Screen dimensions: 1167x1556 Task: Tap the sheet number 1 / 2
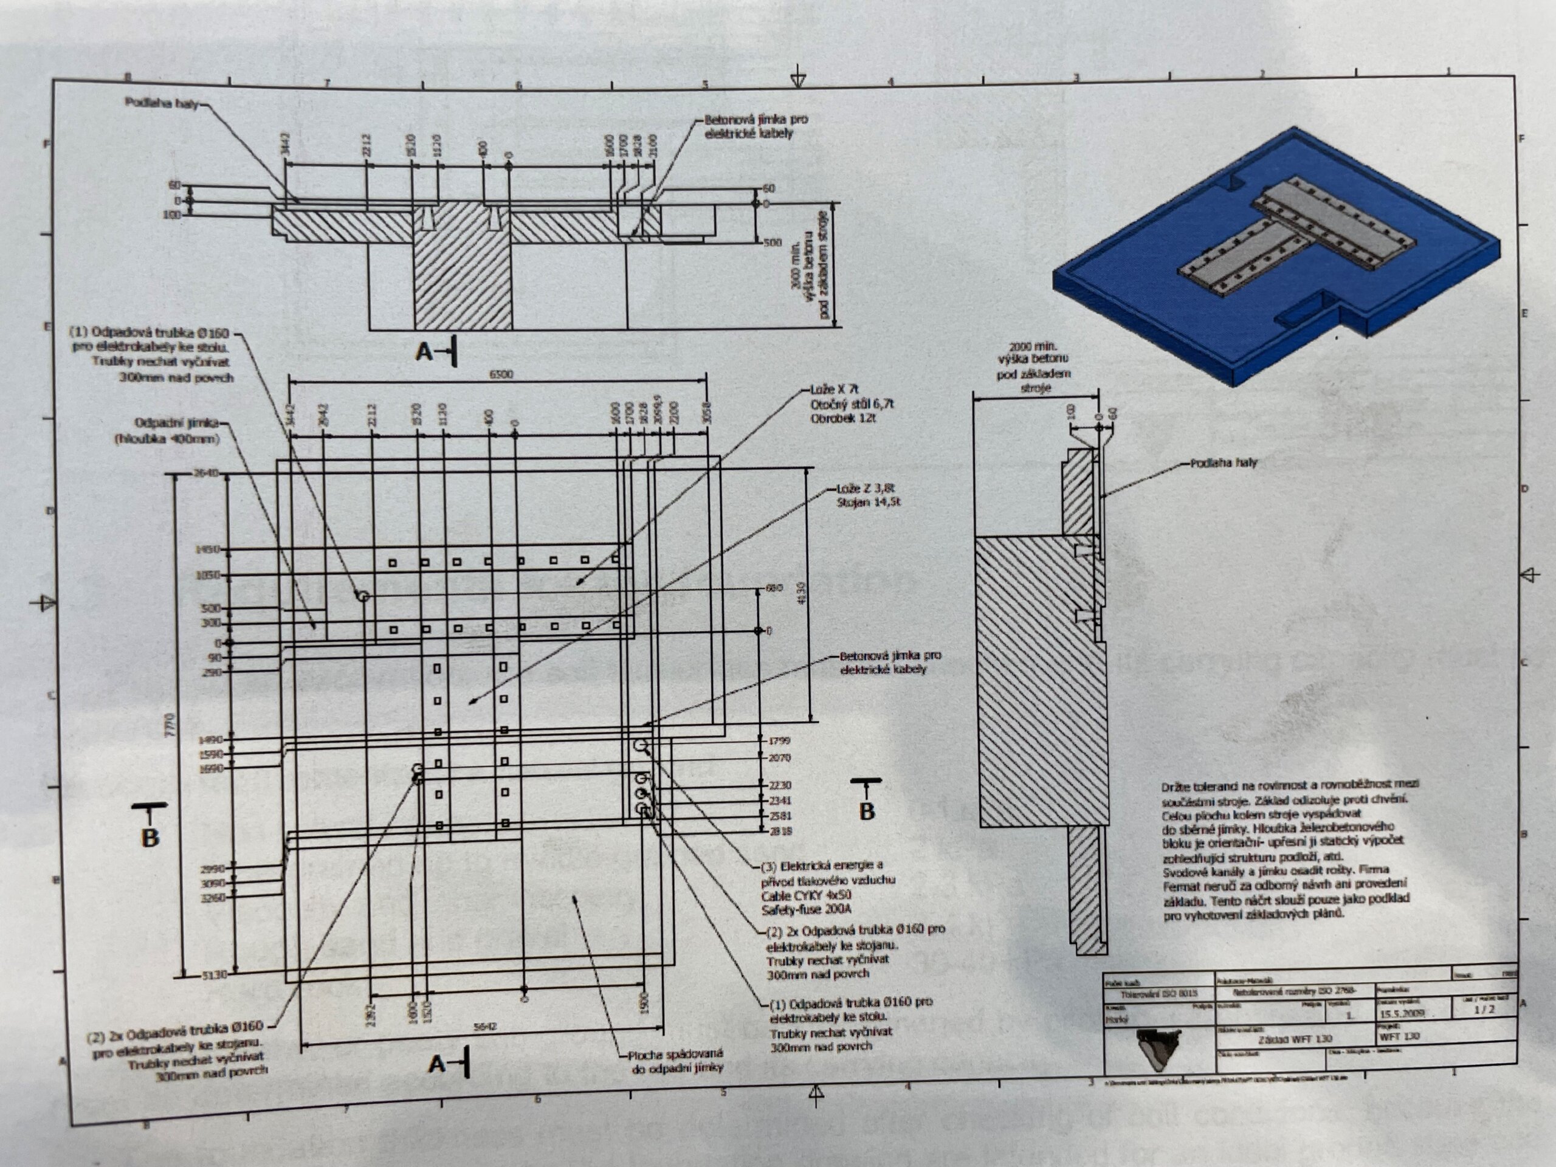click(1485, 1009)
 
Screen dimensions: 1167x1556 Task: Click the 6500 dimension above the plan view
click(501, 374)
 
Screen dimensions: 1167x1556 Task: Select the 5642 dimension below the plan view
click(486, 1027)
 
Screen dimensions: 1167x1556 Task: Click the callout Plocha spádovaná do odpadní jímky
click(675, 1061)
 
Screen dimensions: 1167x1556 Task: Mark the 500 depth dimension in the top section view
click(772, 242)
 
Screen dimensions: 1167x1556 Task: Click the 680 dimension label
click(773, 588)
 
